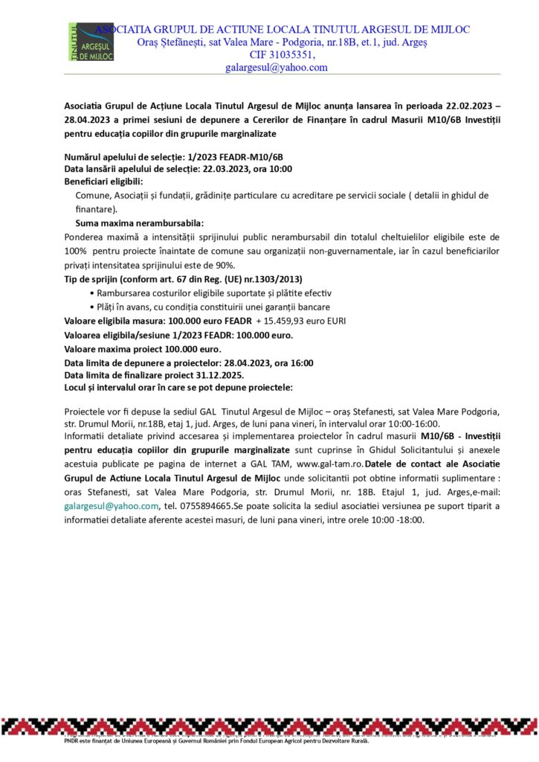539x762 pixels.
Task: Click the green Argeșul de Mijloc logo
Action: coord(91,42)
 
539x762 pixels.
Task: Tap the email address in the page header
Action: coord(277,67)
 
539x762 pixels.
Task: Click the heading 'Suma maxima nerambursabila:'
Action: coord(139,223)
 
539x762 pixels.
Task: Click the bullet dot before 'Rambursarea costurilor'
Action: coord(91,293)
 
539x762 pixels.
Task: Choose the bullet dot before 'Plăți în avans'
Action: coord(91,307)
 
